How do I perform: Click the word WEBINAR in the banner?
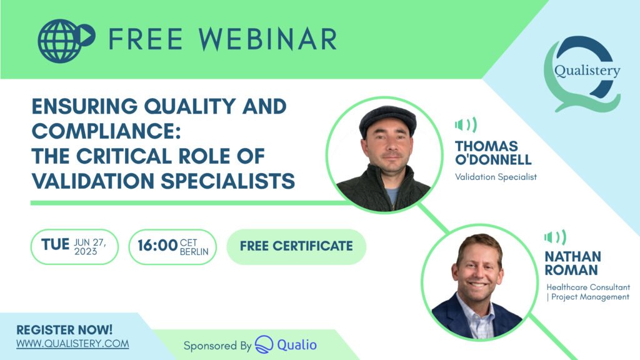click(267, 39)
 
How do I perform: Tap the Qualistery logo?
click(584, 74)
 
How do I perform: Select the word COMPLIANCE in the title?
click(106, 131)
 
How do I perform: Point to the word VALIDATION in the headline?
click(92, 181)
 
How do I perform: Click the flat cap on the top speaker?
click(387, 120)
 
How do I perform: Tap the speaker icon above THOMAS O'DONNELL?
click(466, 124)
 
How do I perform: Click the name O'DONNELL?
click(493, 159)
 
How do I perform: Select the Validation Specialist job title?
click(496, 177)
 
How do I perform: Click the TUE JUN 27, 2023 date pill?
click(75, 246)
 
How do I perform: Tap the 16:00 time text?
click(157, 246)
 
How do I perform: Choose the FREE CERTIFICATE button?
click(296, 246)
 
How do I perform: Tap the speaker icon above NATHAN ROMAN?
click(555, 237)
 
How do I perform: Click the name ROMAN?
click(571, 270)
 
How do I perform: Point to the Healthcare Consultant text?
click(588, 287)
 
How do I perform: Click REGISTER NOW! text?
click(64, 330)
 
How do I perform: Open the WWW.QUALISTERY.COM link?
click(72, 344)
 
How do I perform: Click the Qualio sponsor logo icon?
click(264, 344)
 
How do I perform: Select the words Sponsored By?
click(217, 346)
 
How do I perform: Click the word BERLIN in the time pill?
click(194, 252)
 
